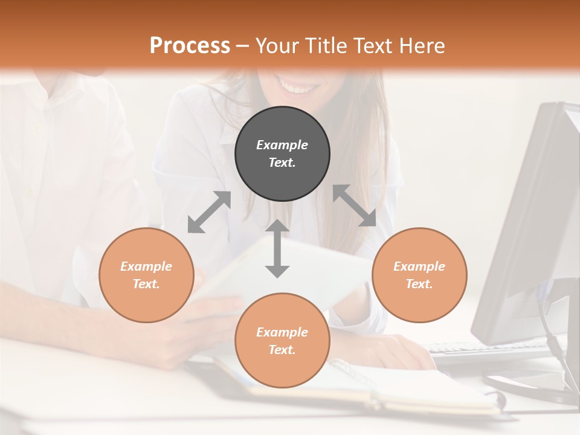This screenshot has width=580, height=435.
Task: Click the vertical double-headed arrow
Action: click(x=277, y=248)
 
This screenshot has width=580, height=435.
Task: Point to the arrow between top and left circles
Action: click(x=209, y=212)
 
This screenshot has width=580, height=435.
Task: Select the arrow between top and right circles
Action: click(x=354, y=205)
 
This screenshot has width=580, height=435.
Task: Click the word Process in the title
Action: click(x=190, y=45)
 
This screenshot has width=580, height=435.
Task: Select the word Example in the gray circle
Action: click(x=282, y=145)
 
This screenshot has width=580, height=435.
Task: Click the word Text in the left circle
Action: click(x=146, y=284)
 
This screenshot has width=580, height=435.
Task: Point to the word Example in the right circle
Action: click(x=419, y=266)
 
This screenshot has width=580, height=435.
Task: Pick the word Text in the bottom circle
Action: click(x=282, y=350)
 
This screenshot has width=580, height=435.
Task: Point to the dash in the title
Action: click(x=243, y=46)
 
